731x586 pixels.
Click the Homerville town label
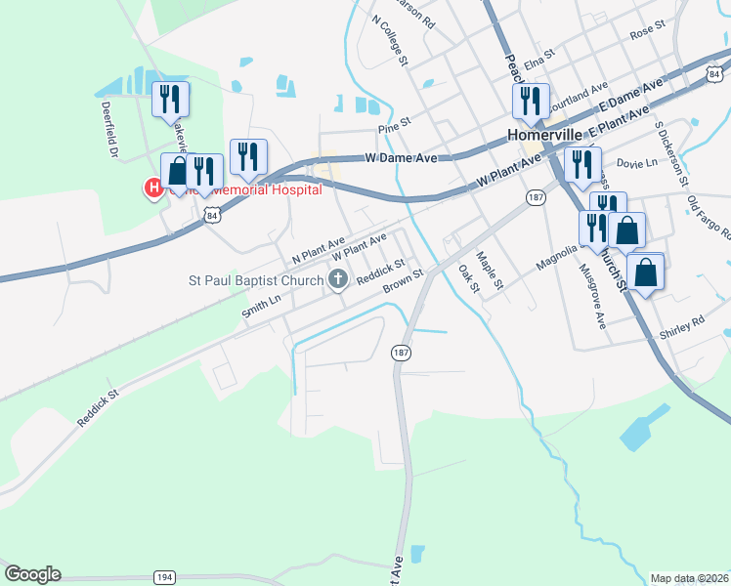pos(544,136)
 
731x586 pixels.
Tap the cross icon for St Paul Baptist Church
pos(338,280)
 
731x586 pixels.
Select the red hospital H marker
pos(153,187)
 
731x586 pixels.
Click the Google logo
pos(32,574)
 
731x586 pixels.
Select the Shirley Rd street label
pos(683,323)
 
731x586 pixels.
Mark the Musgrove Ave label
pos(592,296)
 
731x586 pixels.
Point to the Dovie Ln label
pos(638,164)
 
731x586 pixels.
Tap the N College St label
pos(388,39)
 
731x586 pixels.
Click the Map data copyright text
pos(688,578)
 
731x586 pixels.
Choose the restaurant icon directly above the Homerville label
pos(530,100)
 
